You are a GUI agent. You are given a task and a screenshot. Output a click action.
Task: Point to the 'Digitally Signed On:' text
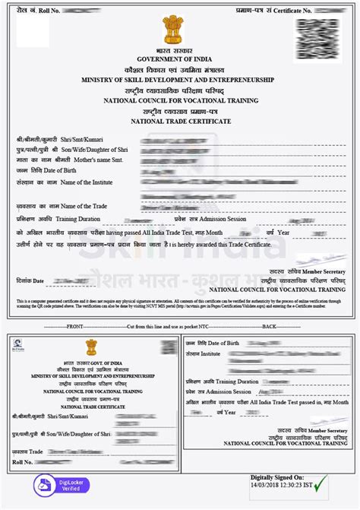[278, 477]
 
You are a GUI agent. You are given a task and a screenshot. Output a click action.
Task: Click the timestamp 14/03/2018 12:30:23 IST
[278, 486]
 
